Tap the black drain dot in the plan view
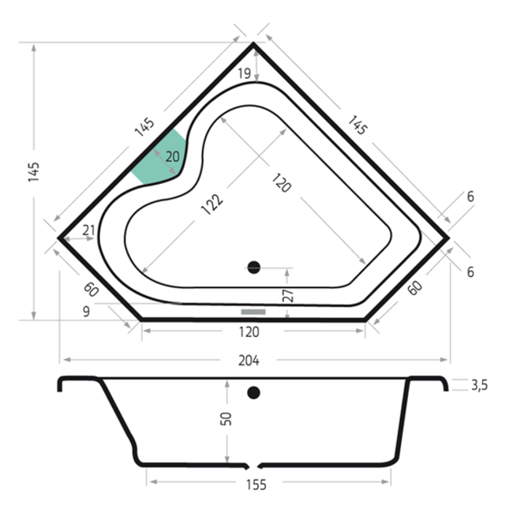253,268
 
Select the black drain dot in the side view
253,392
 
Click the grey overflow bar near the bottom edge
253,312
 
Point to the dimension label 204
249,361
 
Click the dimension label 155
256,485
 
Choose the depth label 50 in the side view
226,419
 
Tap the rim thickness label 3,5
479,385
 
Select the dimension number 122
212,205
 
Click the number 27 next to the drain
288,295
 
